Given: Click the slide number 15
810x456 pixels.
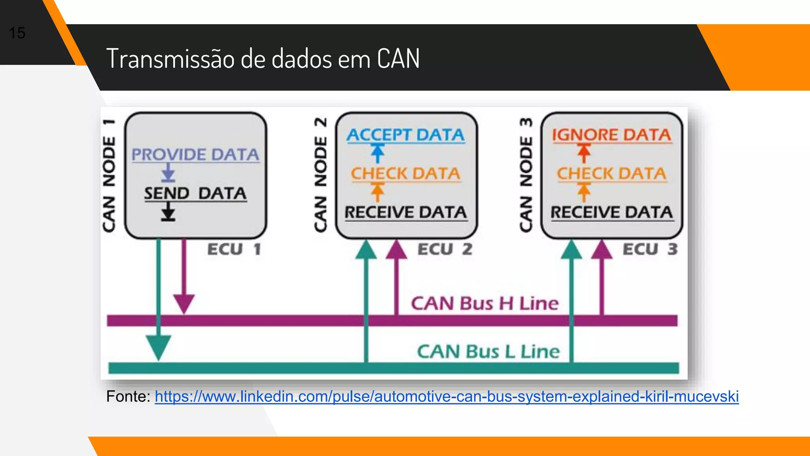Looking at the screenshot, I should tap(17, 33).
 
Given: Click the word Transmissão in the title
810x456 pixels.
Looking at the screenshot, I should tap(170, 59).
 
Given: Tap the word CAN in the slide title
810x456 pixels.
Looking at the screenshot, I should tap(398, 59).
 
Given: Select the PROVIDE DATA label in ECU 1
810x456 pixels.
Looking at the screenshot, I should tap(195, 154).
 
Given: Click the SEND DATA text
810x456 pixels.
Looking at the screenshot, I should tap(195, 194).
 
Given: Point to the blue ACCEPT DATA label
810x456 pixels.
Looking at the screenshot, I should tap(406, 135).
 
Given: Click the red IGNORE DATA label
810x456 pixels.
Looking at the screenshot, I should tap(611, 135).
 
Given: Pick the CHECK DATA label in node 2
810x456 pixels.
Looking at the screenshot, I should tap(406, 173).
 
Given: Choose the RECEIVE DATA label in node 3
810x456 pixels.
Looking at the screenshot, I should tap(611, 212).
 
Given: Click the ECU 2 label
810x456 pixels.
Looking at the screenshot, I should tap(445, 249).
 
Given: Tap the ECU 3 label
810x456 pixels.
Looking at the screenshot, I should tap(650, 249).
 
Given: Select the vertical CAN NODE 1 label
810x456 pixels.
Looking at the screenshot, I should tap(109, 175).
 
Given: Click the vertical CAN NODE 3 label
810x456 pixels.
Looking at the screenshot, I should tap(526, 175).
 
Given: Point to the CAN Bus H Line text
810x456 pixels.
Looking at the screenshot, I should tap(484, 304).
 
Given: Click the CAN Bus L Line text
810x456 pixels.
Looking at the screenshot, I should tap(488, 351).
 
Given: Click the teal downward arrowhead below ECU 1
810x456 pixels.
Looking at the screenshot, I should tap(159, 347).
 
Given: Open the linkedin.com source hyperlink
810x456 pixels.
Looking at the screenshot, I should tap(447, 396).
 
